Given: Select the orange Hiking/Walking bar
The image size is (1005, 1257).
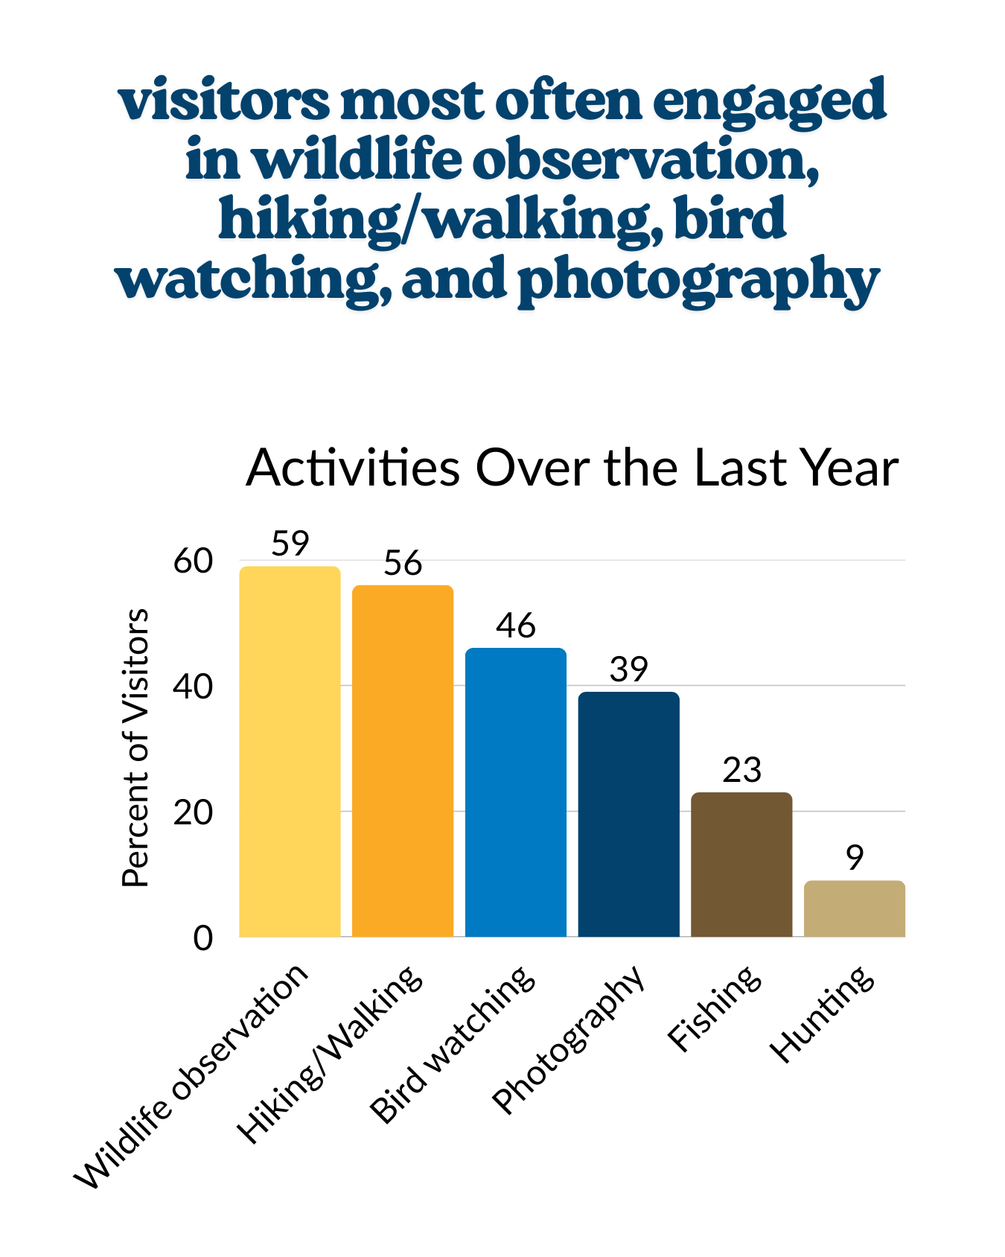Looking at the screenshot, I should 403,760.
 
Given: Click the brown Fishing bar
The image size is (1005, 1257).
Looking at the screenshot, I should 741,864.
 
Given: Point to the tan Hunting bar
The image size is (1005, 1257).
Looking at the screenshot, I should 855,908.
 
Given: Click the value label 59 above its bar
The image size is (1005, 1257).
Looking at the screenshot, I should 290,544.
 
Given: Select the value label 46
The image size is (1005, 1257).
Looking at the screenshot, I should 516,626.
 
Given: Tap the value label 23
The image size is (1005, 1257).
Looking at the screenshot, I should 741,770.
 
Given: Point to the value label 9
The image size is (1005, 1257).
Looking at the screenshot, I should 855,858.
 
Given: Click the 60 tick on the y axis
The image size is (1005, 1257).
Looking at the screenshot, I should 193,561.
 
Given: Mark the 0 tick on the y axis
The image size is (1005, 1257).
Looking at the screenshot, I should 202,938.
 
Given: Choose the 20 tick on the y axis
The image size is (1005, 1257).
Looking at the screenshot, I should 193,812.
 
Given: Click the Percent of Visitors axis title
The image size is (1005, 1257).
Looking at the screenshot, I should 135,748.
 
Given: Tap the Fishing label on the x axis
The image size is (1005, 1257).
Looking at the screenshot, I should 715,1009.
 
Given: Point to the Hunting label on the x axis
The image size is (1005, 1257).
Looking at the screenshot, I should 823,1014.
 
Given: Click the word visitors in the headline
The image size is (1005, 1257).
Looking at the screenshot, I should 223,101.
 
